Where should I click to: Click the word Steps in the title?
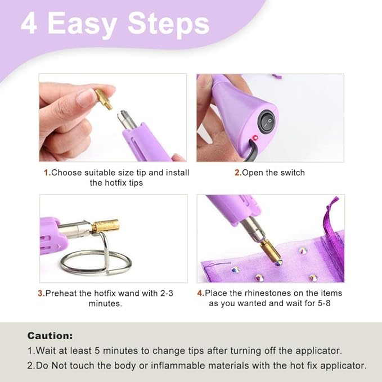[169, 24]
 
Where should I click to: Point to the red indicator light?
[255, 138]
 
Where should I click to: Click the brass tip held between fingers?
[104, 99]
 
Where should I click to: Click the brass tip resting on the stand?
[106, 226]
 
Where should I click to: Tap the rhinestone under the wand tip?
[278, 263]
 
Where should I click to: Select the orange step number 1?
[47, 173]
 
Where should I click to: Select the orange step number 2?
[238, 173]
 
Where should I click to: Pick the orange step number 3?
[42, 293]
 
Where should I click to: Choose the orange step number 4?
[201, 293]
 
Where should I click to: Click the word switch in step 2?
[293, 173]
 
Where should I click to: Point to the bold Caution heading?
[50, 336]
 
